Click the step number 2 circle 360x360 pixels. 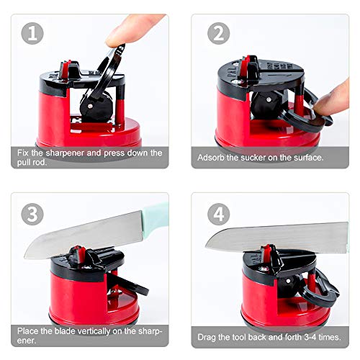point(219,34)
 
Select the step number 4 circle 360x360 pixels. point(219,214)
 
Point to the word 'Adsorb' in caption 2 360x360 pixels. point(212,156)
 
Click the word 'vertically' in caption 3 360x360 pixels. point(84,331)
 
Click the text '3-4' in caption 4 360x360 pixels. point(310,336)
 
